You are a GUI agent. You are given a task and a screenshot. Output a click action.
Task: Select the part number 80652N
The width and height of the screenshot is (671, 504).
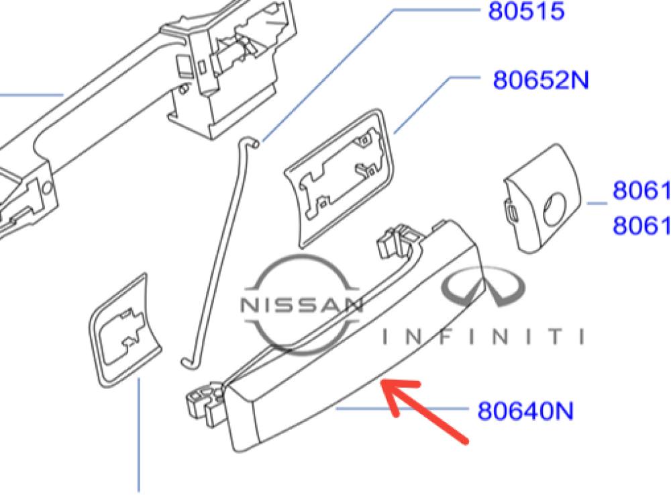541,80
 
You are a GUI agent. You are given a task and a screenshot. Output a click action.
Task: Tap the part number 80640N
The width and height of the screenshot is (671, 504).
525,409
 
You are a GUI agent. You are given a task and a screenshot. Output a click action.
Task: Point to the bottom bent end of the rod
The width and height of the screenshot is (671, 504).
187,363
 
